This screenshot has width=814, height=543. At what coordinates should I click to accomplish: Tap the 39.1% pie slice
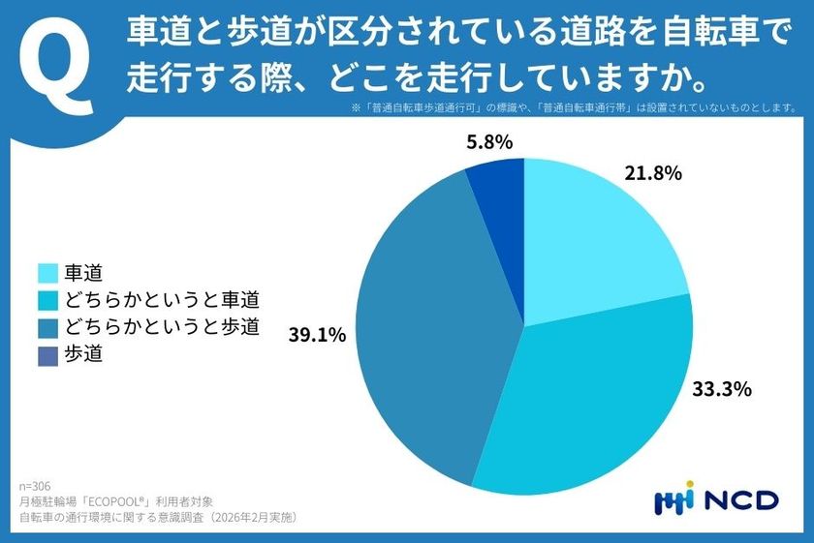[426, 329]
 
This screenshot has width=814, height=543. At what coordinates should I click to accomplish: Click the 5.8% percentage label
[490, 142]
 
